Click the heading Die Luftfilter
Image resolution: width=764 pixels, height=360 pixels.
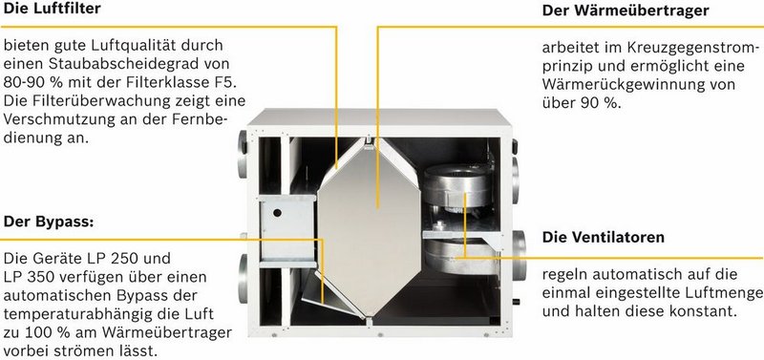[x=53, y=9]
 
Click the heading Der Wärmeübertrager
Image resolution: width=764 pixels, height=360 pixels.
[x=626, y=11]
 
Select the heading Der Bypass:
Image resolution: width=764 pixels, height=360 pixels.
[x=49, y=222]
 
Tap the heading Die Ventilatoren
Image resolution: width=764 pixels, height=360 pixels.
[x=604, y=237]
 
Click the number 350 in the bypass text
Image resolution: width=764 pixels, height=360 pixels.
[x=38, y=277]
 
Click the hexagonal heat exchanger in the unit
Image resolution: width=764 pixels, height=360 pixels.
[x=369, y=226]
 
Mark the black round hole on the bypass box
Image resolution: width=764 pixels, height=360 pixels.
[x=277, y=212]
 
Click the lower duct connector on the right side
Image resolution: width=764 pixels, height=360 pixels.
[x=519, y=255]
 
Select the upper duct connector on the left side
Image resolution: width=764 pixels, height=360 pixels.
[x=243, y=155]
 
